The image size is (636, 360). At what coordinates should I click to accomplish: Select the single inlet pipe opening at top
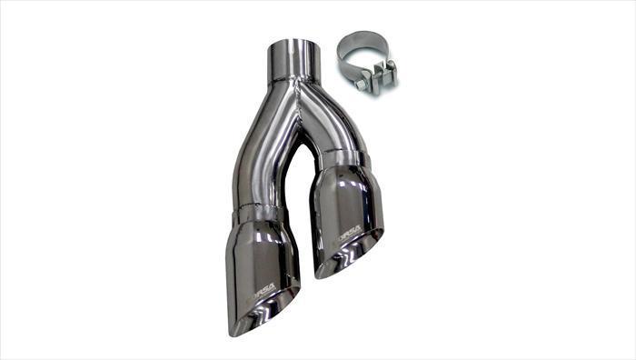click(x=293, y=45)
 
